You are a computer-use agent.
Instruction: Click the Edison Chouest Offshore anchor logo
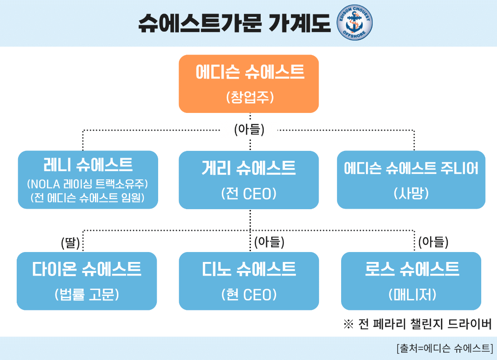click(x=355, y=23)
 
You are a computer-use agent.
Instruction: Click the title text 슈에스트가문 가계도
click(x=234, y=23)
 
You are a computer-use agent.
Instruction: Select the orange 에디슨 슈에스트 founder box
click(x=248, y=84)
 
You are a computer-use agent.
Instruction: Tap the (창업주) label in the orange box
click(x=249, y=98)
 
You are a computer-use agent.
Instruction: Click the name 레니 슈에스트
click(x=88, y=165)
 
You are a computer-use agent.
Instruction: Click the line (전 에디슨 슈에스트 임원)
click(x=88, y=198)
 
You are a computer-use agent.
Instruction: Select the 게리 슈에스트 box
click(x=248, y=180)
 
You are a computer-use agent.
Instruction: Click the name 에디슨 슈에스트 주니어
click(x=411, y=168)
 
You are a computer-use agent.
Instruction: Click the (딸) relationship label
click(x=70, y=243)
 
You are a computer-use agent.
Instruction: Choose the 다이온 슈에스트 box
click(x=87, y=281)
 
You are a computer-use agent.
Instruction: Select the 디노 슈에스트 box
click(x=248, y=281)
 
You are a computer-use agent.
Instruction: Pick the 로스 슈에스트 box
click(x=411, y=281)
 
